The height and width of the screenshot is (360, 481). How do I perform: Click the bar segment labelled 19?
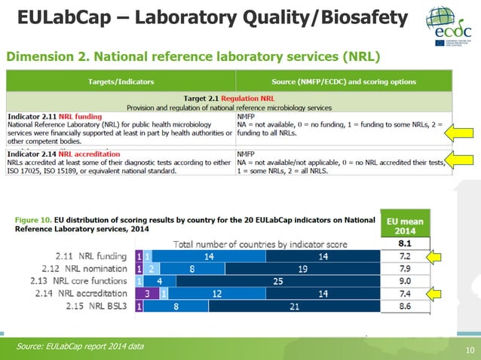(302, 270)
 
